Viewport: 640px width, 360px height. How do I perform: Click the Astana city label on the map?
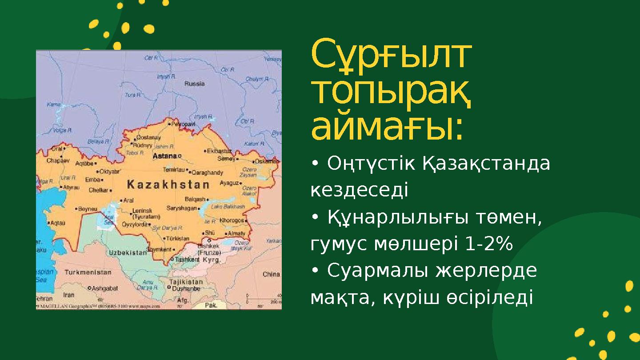coord(164,156)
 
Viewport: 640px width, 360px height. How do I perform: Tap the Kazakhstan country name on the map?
coord(168,184)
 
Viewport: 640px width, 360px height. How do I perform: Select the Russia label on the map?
coord(195,84)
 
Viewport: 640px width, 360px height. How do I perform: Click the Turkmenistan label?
coord(88,272)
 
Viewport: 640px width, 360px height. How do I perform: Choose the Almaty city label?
coord(236,233)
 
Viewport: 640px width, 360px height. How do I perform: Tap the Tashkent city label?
coord(187,259)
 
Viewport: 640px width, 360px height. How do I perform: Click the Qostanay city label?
coord(148,138)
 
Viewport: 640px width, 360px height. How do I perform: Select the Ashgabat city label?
coord(104,288)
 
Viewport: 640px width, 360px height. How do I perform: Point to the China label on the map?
coord(271,274)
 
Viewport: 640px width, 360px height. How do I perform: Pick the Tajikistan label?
coord(186,282)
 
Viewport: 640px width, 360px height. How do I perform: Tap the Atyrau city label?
coord(71,188)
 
